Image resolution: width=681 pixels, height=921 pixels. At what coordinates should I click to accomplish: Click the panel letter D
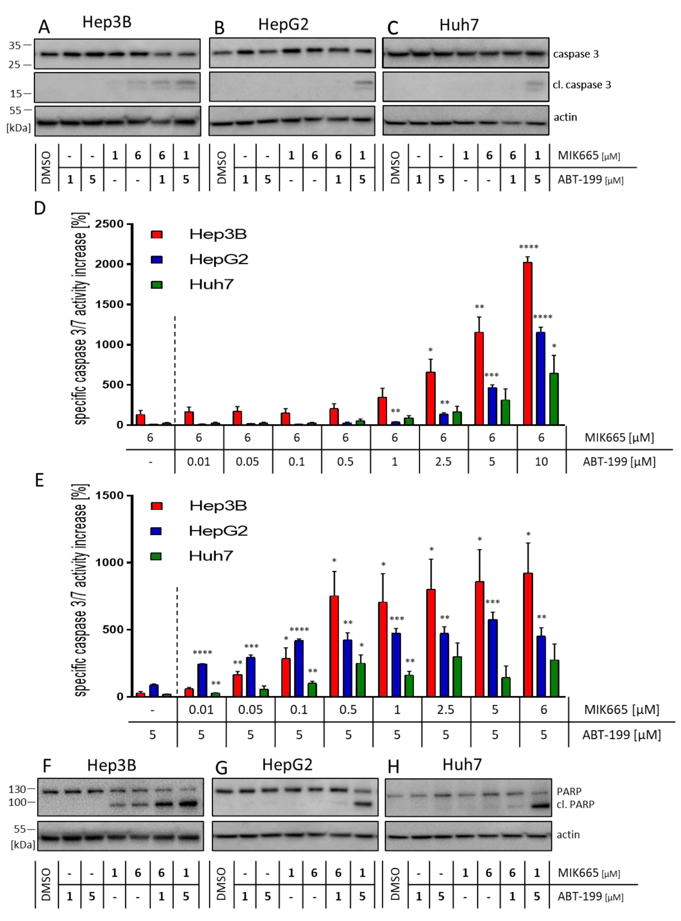[x=40, y=208]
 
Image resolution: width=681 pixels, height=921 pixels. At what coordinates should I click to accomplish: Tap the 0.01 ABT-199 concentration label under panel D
[x=199, y=461]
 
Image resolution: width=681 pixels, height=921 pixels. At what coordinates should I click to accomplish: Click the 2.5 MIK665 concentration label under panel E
[x=445, y=710]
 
